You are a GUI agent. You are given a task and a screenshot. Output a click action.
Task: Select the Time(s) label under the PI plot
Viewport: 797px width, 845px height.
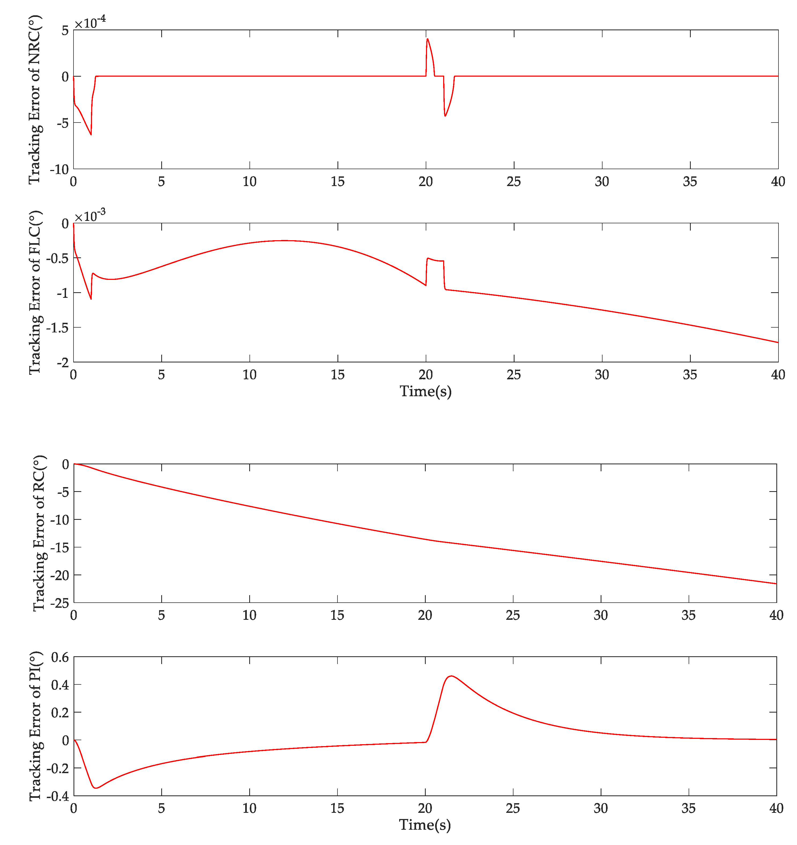[x=425, y=825]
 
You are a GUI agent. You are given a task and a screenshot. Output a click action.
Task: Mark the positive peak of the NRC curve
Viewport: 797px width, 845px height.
[x=427, y=39]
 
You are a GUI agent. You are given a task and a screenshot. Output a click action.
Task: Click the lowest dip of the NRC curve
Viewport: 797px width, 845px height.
[x=91, y=135]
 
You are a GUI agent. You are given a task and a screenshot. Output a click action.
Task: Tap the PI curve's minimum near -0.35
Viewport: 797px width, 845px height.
[x=96, y=788]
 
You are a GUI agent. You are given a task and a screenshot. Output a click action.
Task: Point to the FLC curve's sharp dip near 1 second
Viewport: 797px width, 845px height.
[x=91, y=299]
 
